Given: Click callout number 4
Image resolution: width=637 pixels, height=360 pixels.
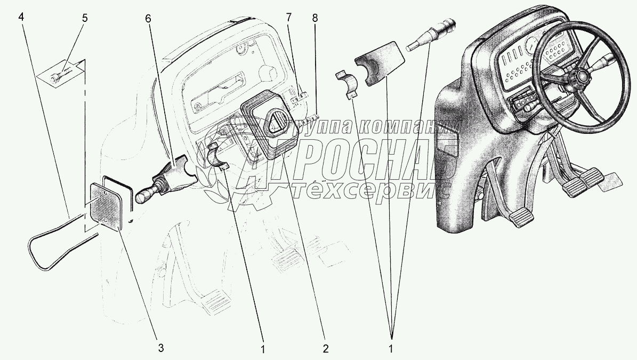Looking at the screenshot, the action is (21, 18).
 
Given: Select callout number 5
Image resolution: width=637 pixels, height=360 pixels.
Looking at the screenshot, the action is (84, 18).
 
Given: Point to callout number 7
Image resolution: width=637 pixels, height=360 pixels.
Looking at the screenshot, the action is (289, 18).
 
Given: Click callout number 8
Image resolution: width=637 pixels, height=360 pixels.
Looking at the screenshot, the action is (315, 18).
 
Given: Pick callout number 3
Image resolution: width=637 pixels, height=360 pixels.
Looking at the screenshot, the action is (161, 348).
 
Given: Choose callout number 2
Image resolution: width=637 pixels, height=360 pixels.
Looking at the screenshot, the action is (325, 348).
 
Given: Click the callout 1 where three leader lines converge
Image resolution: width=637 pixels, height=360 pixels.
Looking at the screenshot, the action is (391, 348).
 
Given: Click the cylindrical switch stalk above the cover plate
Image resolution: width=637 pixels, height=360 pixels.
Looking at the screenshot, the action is (431, 34).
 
